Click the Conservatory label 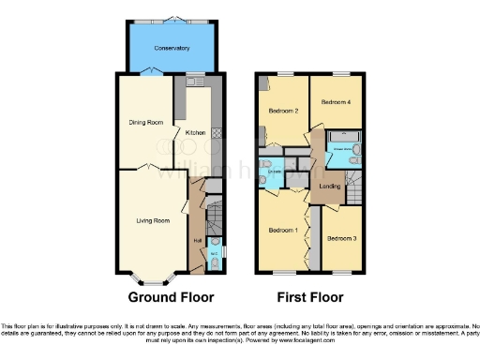click(173, 48)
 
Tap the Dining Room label click(146, 122)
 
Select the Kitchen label click(195, 132)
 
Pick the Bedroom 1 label click(283, 230)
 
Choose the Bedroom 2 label click(283, 111)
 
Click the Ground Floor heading click(171, 297)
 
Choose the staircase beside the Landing click(357, 183)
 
